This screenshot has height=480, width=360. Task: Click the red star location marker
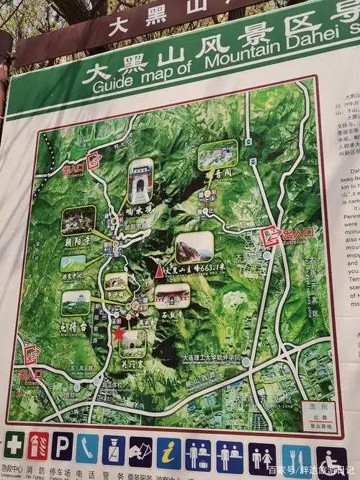(118, 334)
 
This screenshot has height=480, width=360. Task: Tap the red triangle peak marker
(158, 271)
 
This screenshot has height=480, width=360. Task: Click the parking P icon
(62, 446)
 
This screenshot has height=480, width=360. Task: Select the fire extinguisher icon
(37, 446)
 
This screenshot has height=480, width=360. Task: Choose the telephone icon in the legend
(87, 448)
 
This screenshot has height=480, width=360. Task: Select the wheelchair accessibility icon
(331, 462)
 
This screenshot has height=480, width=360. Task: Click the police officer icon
(113, 450)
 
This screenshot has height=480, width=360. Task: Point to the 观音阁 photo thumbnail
(217, 155)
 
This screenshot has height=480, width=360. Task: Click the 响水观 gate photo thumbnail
(140, 180)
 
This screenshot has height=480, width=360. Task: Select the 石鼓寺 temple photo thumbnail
(172, 295)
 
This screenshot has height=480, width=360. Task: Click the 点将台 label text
(73, 326)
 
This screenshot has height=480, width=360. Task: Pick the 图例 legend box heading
(318, 406)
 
